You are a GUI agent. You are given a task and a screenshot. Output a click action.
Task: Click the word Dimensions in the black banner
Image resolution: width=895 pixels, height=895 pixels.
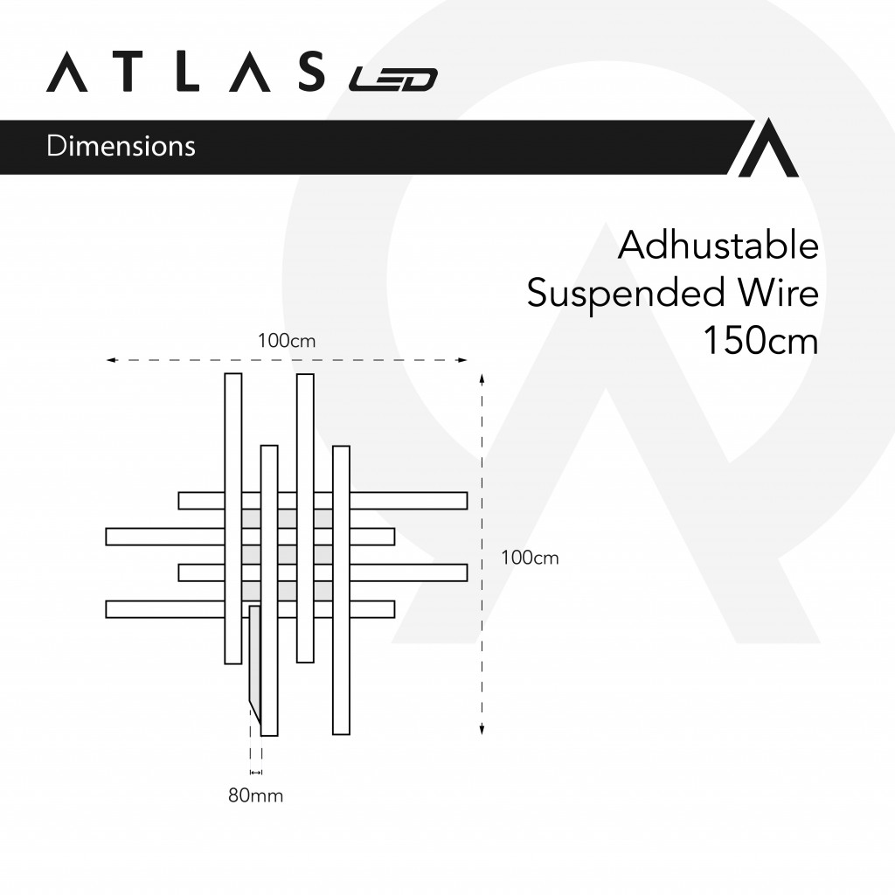[x=121, y=146]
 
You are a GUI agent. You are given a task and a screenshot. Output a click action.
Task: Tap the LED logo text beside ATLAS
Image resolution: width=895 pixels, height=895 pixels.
[x=393, y=80]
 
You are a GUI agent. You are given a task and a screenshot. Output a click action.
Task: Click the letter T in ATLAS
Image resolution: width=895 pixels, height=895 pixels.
[x=131, y=72]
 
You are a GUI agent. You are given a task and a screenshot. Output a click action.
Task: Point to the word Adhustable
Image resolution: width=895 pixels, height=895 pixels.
[x=718, y=246]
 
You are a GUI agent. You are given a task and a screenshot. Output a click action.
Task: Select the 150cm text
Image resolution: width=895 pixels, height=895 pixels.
[x=760, y=341]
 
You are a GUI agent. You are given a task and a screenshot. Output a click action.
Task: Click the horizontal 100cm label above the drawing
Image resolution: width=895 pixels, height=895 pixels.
[x=287, y=341]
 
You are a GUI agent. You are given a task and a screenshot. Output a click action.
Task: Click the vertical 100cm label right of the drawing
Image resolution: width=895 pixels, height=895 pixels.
[x=530, y=558]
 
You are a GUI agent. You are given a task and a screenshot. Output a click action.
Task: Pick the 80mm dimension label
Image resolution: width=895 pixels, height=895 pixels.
[x=256, y=795]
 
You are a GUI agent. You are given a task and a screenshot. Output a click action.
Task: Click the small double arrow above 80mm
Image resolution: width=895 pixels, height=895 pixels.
[x=256, y=773]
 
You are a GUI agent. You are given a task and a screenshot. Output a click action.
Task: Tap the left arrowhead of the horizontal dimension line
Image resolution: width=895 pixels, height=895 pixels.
[x=111, y=360]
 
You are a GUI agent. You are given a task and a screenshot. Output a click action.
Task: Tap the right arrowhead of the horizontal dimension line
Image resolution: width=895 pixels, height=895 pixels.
[x=463, y=360]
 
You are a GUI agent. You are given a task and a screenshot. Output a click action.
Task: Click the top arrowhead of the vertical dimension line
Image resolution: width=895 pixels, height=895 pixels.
[x=482, y=379]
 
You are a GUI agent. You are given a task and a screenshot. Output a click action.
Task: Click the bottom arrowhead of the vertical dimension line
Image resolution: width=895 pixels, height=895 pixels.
[x=482, y=729]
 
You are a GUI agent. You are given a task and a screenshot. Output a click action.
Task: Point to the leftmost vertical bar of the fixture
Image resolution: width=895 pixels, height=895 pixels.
[x=232, y=518]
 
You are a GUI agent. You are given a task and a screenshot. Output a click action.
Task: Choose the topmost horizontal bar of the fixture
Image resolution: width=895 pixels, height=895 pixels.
[x=323, y=501]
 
